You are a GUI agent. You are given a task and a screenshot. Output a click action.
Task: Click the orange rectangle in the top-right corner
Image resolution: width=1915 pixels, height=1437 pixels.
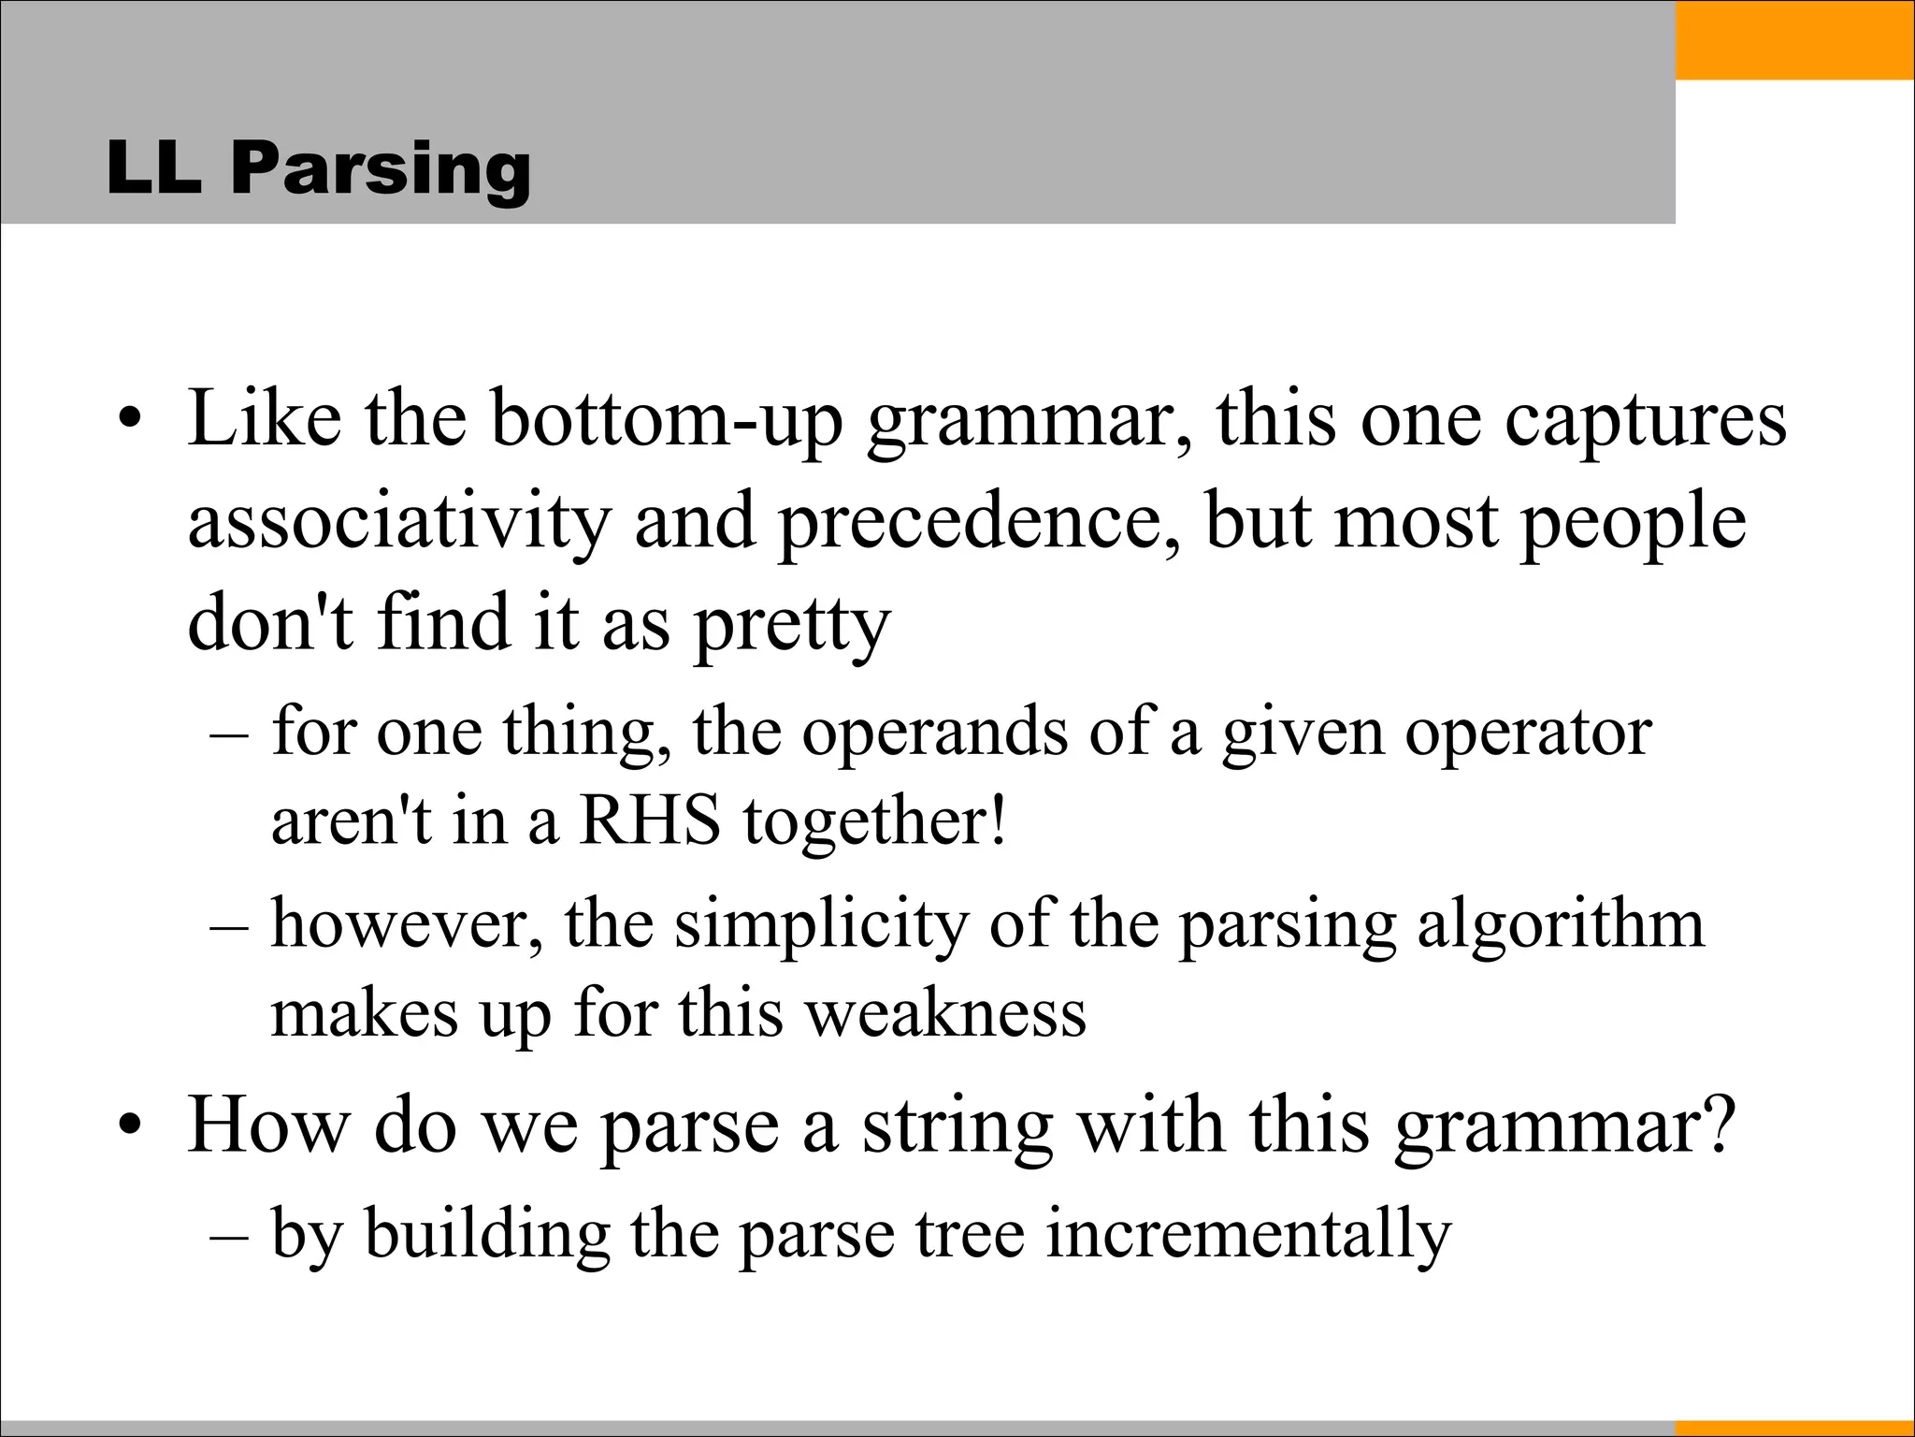click(1794, 40)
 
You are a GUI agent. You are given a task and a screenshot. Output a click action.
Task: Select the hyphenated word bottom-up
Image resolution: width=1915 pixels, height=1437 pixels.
click(667, 418)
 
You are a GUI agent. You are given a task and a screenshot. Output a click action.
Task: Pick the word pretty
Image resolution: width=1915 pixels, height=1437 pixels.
click(792, 624)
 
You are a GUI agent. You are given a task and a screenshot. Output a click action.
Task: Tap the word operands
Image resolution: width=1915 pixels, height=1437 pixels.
click(934, 732)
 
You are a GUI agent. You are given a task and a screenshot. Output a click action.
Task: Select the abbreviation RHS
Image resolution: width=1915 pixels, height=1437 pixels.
click(650, 820)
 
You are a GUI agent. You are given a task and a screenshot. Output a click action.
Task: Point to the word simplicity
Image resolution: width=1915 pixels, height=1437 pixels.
click(821, 924)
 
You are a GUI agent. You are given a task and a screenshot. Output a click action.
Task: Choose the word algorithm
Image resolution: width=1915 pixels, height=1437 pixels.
click(1561, 924)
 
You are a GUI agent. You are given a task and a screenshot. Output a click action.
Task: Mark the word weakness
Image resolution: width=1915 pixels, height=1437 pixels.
click(946, 1013)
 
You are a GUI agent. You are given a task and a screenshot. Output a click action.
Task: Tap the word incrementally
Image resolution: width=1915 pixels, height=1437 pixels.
click(1248, 1234)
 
